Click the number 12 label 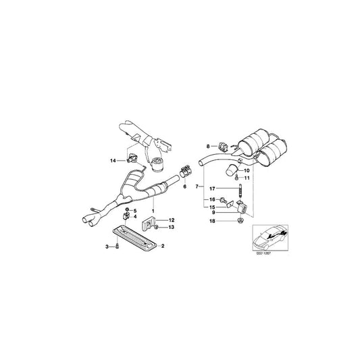coord(171,220)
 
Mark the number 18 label coord(211,221)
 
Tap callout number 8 coord(208,145)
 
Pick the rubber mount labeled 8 coord(219,145)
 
